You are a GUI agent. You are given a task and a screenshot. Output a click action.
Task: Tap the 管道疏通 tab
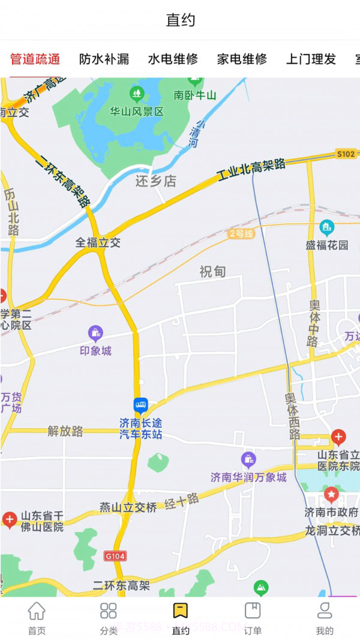pyautogui.click(x=35, y=59)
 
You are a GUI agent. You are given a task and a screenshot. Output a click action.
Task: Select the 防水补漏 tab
pyautogui.click(x=104, y=59)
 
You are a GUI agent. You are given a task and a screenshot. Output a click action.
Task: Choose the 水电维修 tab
pyautogui.click(x=173, y=59)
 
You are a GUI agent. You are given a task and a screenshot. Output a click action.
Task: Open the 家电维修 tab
pyautogui.click(x=242, y=59)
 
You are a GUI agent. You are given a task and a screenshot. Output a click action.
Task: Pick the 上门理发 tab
pyautogui.click(x=311, y=59)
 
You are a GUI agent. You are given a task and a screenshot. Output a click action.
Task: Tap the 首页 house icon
pyautogui.click(x=37, y=611)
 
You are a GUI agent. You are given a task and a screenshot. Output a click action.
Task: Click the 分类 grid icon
pyautogui.click(x=109, y=611)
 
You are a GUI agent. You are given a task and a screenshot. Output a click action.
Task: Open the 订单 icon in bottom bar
pyautogui.click(x=253, y=611)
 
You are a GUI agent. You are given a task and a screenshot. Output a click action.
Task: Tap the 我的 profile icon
pyautogui.click(x=325, y=611)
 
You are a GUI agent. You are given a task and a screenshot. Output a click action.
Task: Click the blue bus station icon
pyautogui.click(x=140, y=405)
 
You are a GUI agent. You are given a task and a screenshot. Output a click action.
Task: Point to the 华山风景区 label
pyautogui.click(x=137, y=112)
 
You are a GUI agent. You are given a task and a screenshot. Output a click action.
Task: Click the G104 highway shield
pyautogui.click(x=115, y=556)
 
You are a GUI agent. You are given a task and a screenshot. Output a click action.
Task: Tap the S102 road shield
pyautogui.click(x=346, y=154)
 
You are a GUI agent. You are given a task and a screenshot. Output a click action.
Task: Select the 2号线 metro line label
pyautogui.click(x=241, y=234)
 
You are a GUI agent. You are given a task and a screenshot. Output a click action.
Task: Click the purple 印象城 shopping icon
pyautogui.click(x=95, y=333)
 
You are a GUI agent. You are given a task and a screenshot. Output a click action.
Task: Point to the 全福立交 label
pyautogui.click(x=98, y=242)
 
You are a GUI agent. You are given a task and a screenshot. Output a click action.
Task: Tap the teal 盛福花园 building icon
pyautogui.click(x=327, y=227)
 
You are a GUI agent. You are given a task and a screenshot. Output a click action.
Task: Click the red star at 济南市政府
pyautogui.click(x=331, y=495)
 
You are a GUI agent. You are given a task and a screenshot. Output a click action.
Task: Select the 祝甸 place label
pyautogui.click(x=212, y=272)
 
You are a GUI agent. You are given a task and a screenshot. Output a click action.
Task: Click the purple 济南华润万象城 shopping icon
pyautogui.click(x=248, y=460)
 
